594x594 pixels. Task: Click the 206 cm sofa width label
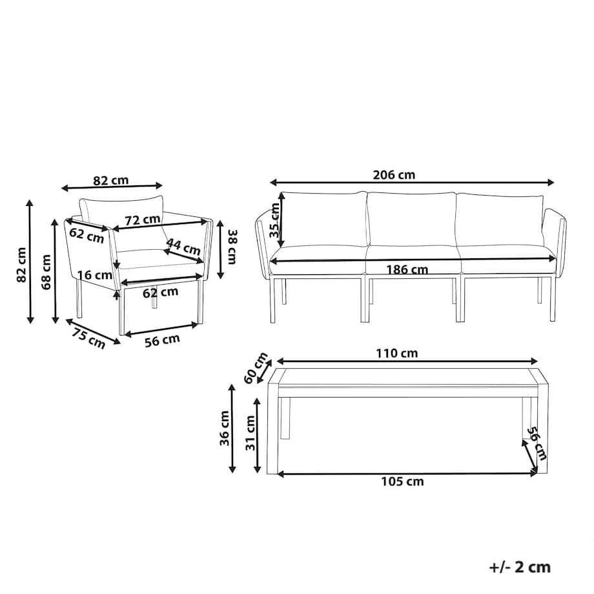[x=394, y=175]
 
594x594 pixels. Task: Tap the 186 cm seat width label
[x=407, y=270]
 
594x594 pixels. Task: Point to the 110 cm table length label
[x=396, y=353]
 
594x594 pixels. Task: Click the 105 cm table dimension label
[x=402, y=482]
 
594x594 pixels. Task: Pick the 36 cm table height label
[x=225, y=428]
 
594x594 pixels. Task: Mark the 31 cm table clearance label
[x=251, y=433]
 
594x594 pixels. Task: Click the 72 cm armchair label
[x=143, y=220]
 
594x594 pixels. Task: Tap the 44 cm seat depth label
[x=183, y=246]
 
